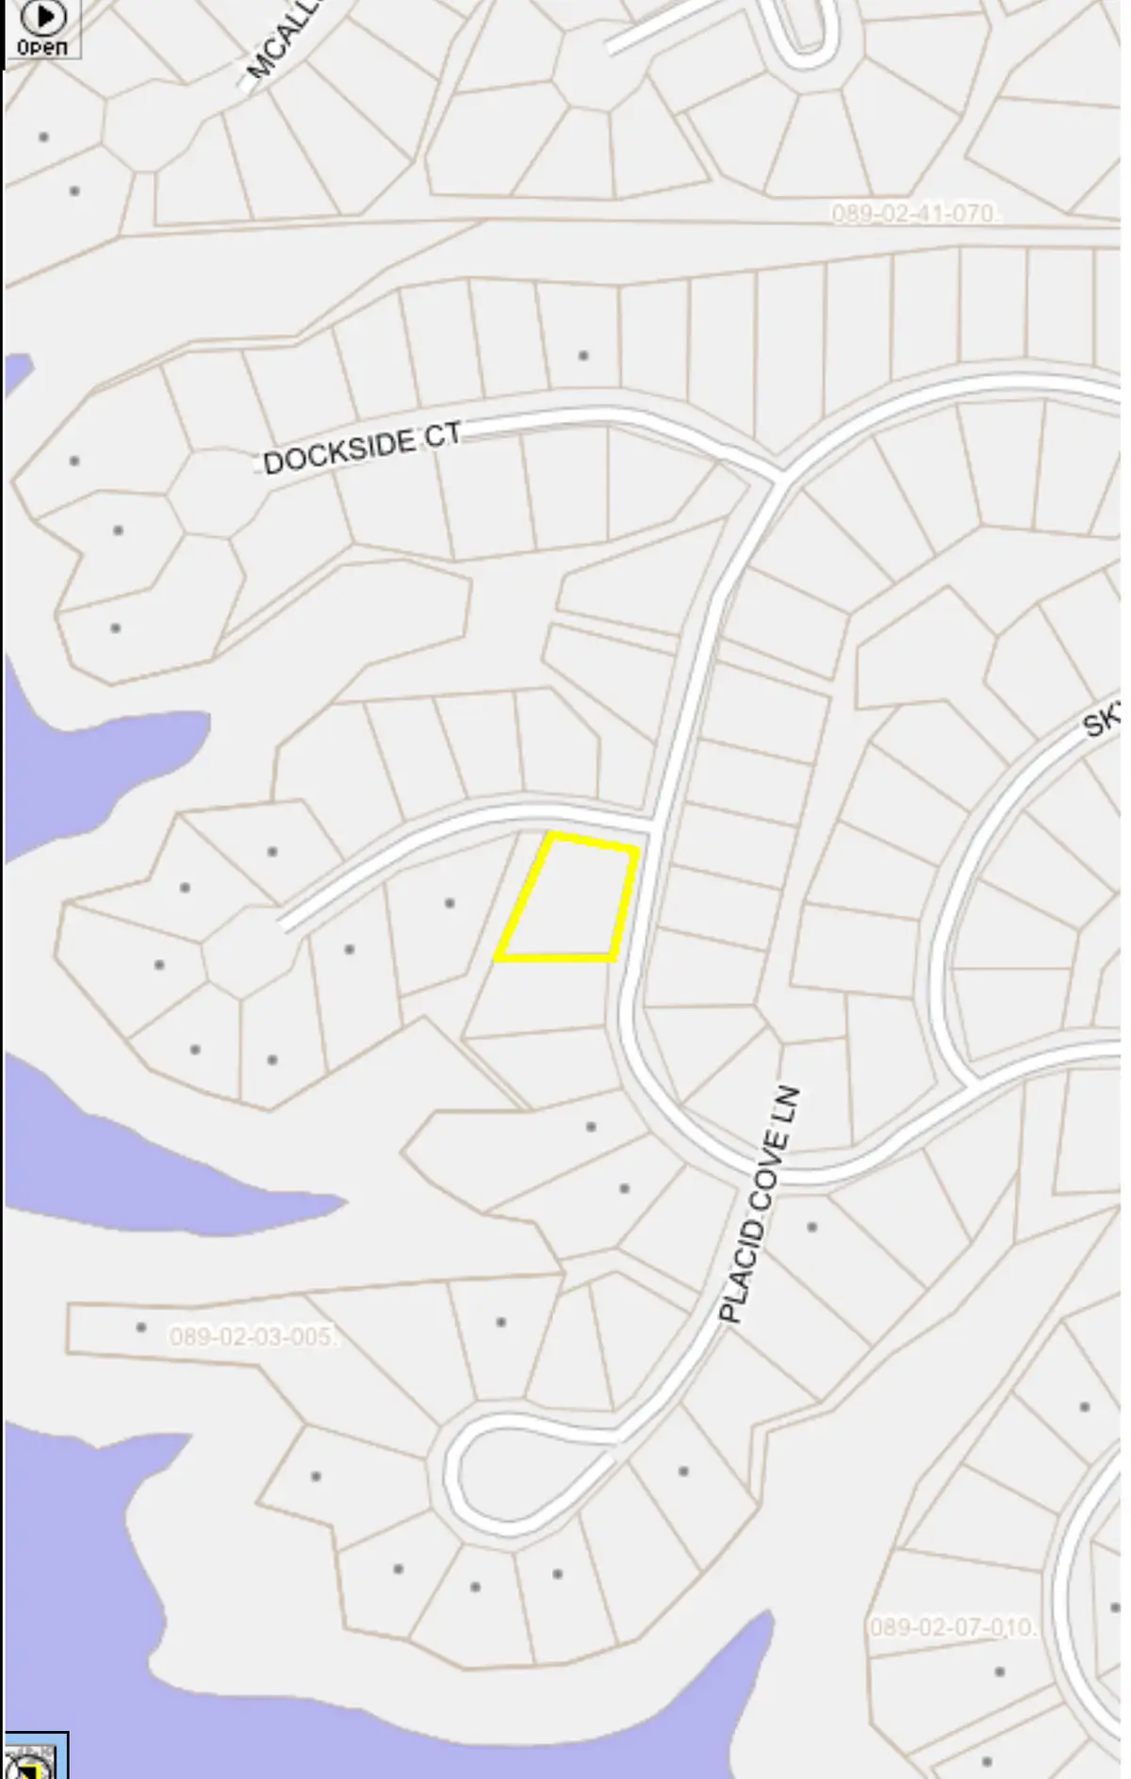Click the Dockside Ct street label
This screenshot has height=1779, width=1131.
(362, 448)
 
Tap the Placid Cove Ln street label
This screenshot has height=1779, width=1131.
(760, 1204)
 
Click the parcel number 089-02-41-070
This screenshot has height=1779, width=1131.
(912, 214)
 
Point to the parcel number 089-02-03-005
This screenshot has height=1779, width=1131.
(251, 1336)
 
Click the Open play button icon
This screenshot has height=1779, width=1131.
(42, 17)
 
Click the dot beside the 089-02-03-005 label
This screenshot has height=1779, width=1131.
(140, 1327)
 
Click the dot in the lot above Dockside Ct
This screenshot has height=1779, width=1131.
(583, 355)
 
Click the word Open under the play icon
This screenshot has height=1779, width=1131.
(42, 46)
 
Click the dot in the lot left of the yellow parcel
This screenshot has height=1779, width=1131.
(450, 903)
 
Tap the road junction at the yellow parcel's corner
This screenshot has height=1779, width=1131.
(651, 830)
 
